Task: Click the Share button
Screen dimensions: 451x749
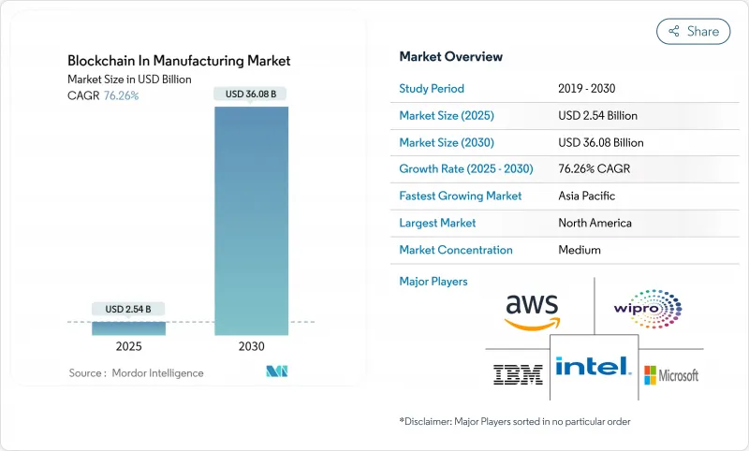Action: (x=694, y=31)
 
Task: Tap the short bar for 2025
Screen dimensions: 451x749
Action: (x=128, y=327)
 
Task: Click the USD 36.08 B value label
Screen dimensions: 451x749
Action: (x=252, y=93)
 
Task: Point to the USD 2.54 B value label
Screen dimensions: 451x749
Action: (x=128, y=308)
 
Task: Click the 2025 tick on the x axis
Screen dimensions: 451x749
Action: (x=128, y=346)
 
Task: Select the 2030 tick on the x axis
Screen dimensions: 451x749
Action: (x=252, y=346)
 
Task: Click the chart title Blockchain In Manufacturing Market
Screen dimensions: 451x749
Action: (x=179, y=61)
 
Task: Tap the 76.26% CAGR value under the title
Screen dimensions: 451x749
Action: (x=120, y=95)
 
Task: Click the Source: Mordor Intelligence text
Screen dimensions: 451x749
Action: (x=136, y=372)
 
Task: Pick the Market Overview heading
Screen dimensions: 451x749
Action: (x=451, y=57)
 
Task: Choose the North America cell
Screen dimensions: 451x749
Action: (x=595, y=223)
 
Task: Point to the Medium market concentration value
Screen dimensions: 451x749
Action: (x=580, y=250)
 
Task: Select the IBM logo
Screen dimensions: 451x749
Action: (x=518, y=375)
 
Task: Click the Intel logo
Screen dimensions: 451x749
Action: (x=593, y=366)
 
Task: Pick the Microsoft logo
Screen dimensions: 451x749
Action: (x=670, y=375)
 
